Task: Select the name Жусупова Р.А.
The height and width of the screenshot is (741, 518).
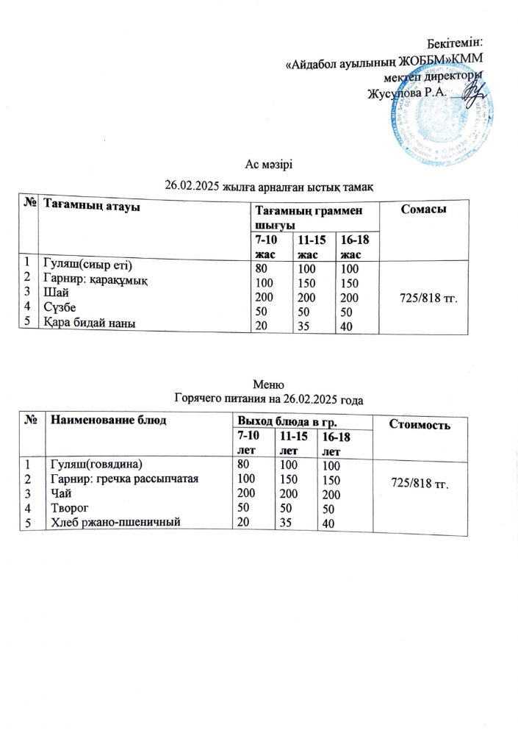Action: pos(406,93)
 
